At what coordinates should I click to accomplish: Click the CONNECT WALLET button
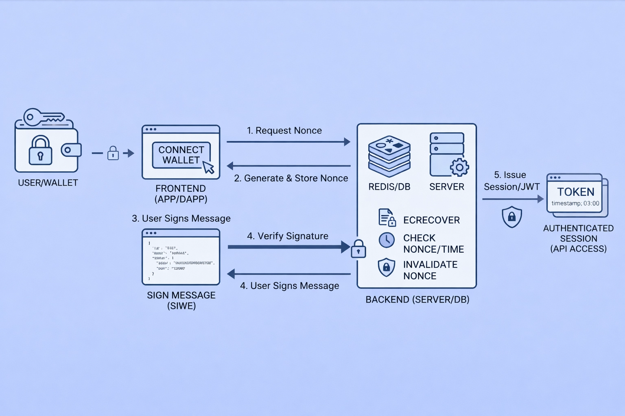181,155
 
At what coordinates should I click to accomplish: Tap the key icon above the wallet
43,117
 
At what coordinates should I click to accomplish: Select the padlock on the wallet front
40,151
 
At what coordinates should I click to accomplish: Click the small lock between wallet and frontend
113,153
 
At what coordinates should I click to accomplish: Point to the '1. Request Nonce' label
284,130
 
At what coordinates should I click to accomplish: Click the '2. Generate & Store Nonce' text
291,178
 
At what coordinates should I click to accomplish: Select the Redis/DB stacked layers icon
389,156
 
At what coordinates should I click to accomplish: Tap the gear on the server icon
459,167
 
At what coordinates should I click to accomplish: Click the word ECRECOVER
431,220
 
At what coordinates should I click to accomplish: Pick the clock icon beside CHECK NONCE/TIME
387,240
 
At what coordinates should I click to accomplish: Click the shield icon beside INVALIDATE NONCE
387,267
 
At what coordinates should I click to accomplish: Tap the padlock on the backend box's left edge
358,249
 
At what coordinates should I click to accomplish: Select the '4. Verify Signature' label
287,236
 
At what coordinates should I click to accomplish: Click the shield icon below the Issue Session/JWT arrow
512,217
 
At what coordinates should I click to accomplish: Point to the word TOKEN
575,192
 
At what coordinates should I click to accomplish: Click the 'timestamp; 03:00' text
575,204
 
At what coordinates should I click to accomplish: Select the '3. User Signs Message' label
181,219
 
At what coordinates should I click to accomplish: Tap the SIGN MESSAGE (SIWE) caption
181,301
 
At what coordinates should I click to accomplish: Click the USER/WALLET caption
48,183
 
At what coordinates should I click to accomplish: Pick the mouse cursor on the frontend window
209,167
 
